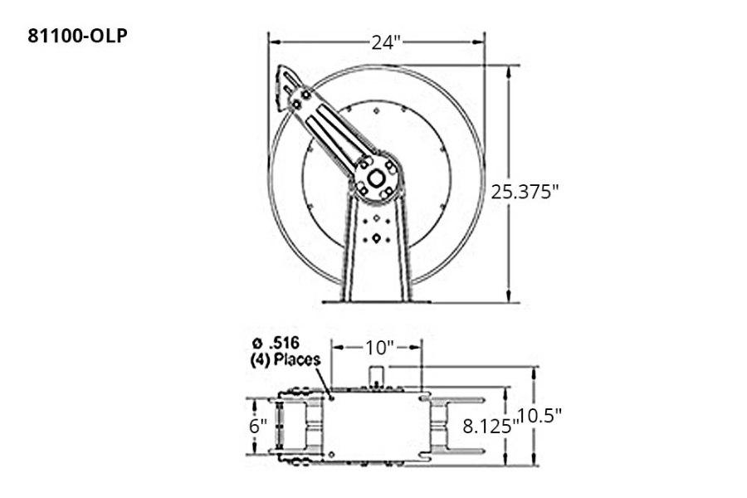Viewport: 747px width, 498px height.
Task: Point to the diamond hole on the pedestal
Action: coord(377,237)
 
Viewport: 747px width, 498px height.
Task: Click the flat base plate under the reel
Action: coord(377,300)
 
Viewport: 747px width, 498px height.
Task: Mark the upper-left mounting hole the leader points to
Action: coord(332,398)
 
